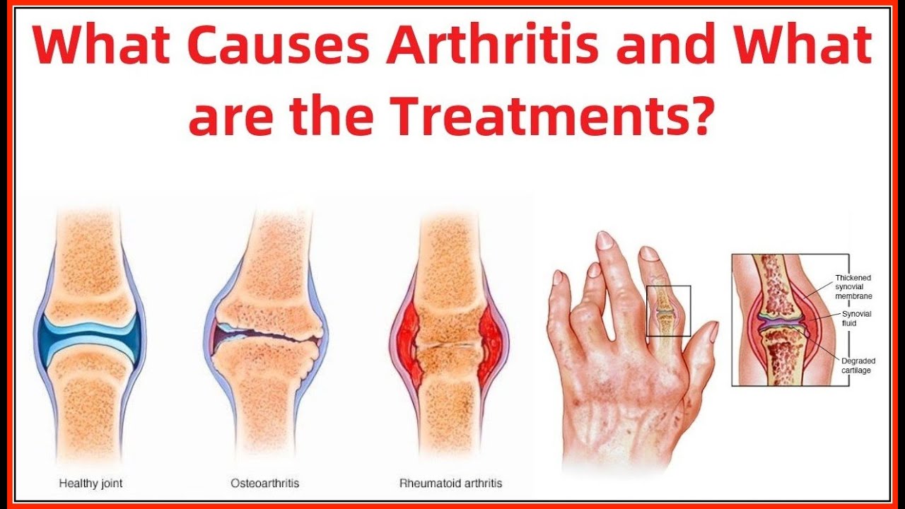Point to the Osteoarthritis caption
click(265, 484)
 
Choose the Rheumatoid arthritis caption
click(450, 484)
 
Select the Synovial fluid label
click(856, 318)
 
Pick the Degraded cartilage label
click(858, 365)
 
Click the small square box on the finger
click(669, 311)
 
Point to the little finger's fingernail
click(557, 277)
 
